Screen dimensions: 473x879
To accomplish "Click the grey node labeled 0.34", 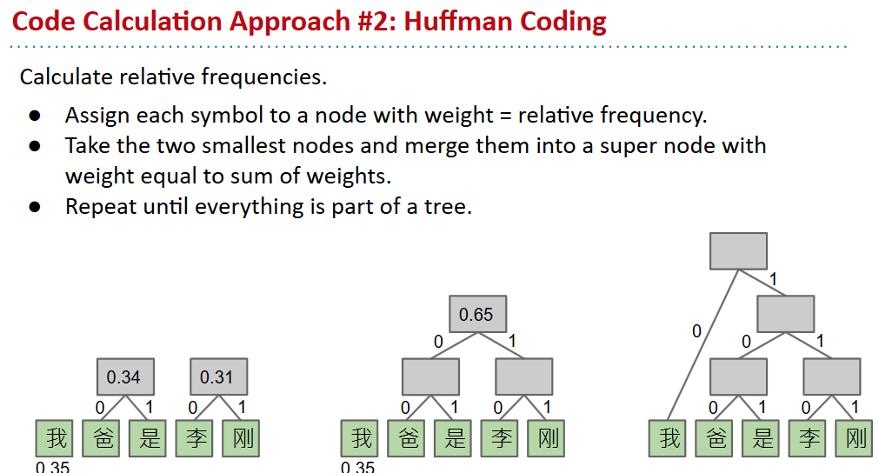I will [123, 377].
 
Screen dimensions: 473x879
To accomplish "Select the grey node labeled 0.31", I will [217, 377].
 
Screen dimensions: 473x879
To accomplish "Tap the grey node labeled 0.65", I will [476, 315].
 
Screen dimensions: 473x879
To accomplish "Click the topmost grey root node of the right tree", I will [738, 251].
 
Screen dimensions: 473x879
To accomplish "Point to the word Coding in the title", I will [563, 21].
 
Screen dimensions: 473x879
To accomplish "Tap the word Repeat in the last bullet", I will [98, 207].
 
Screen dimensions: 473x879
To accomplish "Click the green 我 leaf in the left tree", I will [57, 437].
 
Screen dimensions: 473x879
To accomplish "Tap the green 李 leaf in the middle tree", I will [502, 437].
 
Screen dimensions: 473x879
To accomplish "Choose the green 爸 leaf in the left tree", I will [103, 437].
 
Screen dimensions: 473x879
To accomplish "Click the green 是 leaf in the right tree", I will [762, 437].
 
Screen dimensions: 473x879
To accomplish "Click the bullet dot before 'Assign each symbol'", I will [35, 116].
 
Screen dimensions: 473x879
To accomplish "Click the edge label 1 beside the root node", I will [772, 279].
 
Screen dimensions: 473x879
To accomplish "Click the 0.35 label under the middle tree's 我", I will [357, 467].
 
